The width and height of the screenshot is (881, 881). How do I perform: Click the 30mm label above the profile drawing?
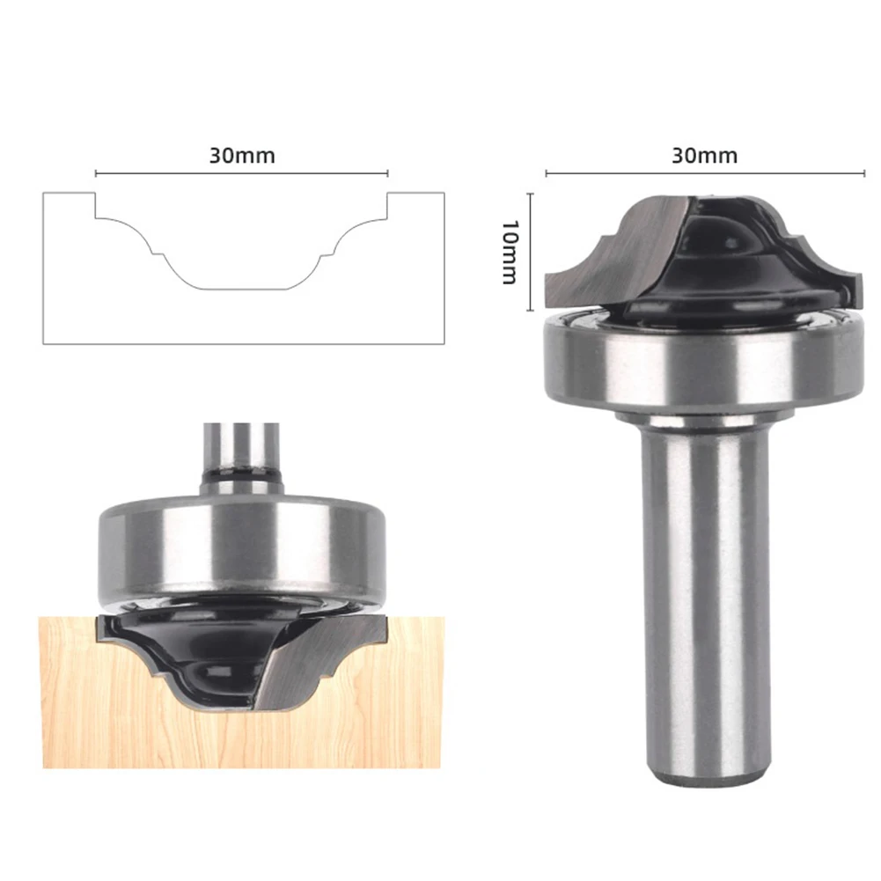click(242, 156)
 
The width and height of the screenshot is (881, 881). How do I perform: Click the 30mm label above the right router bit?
click(705, 156)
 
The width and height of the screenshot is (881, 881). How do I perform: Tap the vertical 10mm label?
click(509, 252)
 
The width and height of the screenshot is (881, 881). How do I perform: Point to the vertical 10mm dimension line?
click(531, 251)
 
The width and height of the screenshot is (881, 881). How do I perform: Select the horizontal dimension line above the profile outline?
click(242, 173)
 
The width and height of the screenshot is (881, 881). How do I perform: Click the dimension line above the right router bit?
click(705, 173)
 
